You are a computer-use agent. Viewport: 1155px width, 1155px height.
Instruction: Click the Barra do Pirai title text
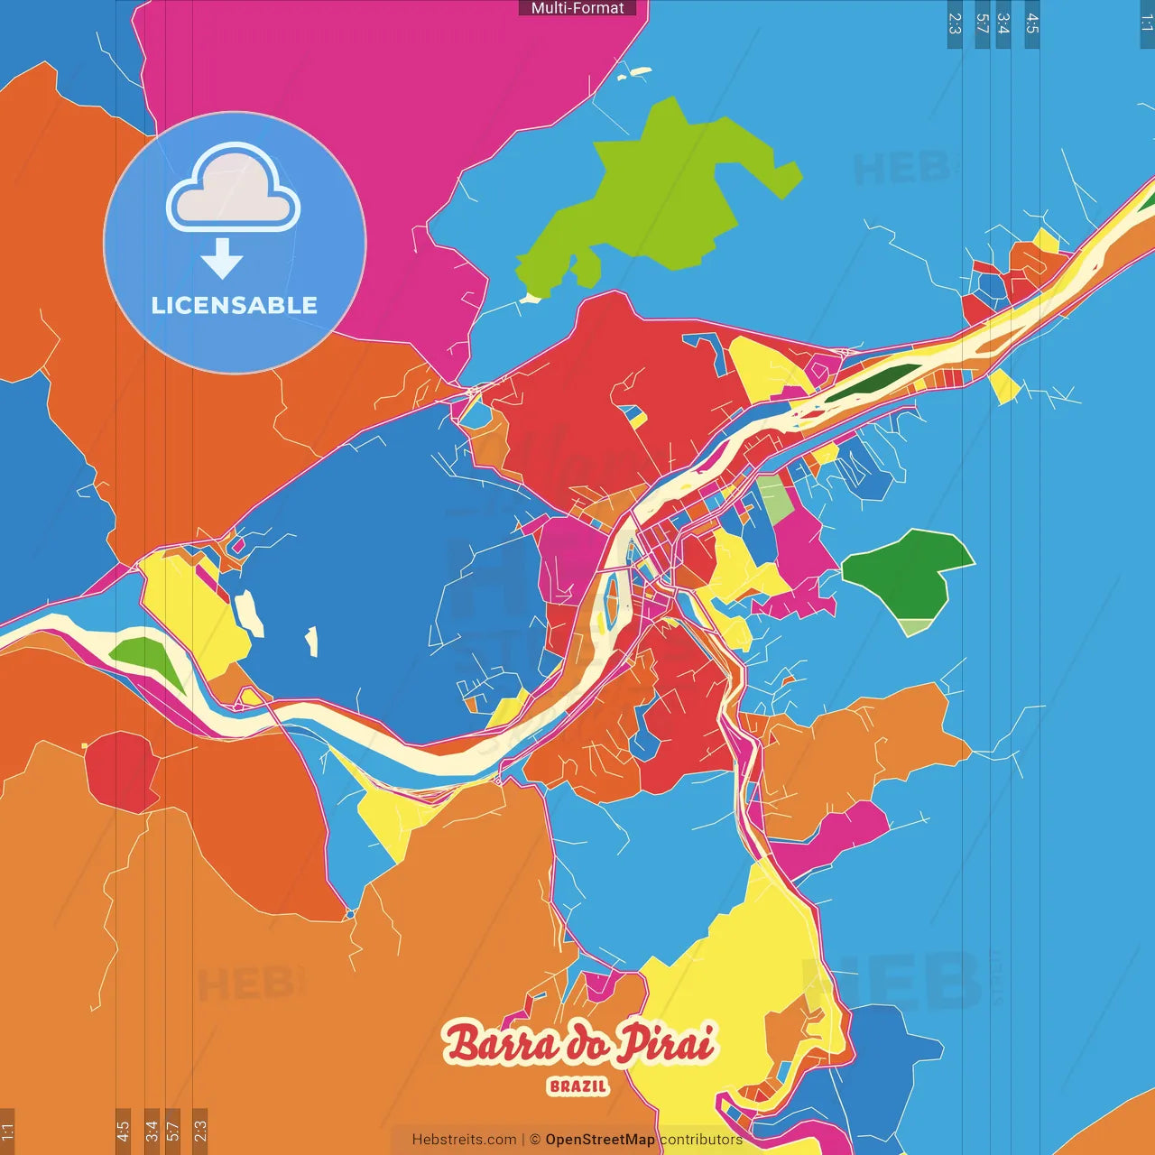point(578,1044)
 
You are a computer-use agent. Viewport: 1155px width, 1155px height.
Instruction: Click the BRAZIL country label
point(577,1086)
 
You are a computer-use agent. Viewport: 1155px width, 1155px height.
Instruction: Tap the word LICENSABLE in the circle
point(235,305)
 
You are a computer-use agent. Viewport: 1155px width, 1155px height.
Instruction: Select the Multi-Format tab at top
point(577,8)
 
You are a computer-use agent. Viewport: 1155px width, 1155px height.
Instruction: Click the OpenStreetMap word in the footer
point(600,1140)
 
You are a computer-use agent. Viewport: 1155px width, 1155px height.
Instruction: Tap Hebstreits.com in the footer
point(464,1140)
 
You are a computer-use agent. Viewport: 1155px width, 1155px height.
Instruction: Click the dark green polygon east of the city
point(902,568)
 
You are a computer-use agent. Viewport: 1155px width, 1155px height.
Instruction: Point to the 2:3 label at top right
point(955,23)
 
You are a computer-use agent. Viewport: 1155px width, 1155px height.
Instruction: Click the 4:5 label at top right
point(1032,23)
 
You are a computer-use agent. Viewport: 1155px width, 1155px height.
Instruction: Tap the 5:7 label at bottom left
point(173,1130)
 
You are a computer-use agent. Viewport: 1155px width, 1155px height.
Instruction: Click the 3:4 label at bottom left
point(152,1130)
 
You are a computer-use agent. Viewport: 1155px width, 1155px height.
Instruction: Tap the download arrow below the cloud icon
point(222,259)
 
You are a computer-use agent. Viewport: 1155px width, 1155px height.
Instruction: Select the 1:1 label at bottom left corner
point(7,1131)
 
